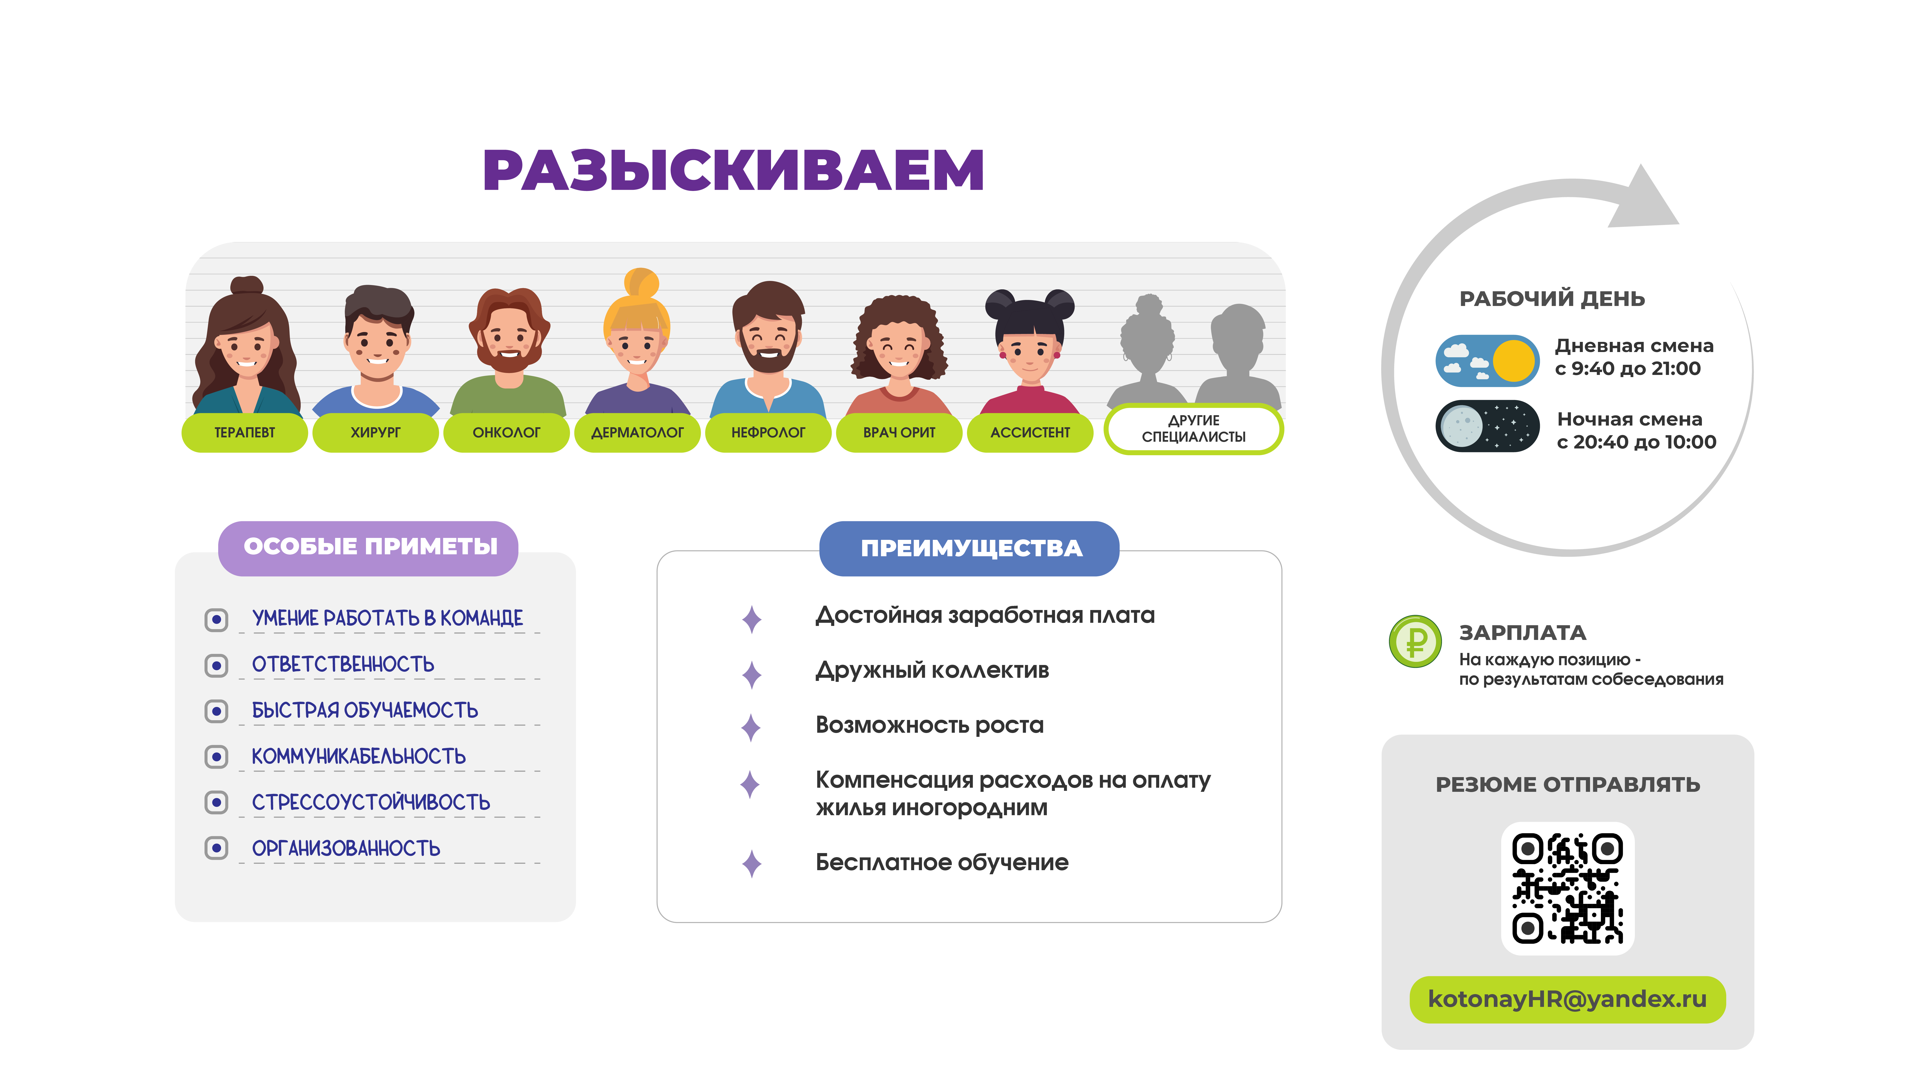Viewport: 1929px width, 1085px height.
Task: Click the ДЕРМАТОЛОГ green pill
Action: [637, 432]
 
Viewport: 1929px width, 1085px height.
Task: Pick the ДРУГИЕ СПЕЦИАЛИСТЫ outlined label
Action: [1194, 429]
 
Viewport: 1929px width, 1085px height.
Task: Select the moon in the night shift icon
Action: [1461, 426]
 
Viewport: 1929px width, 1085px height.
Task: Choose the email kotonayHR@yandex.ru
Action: [1567, 999]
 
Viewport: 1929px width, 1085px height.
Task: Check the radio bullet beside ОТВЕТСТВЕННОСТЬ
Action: [217, 665]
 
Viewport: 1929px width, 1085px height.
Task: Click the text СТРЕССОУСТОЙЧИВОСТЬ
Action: [371, 802]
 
